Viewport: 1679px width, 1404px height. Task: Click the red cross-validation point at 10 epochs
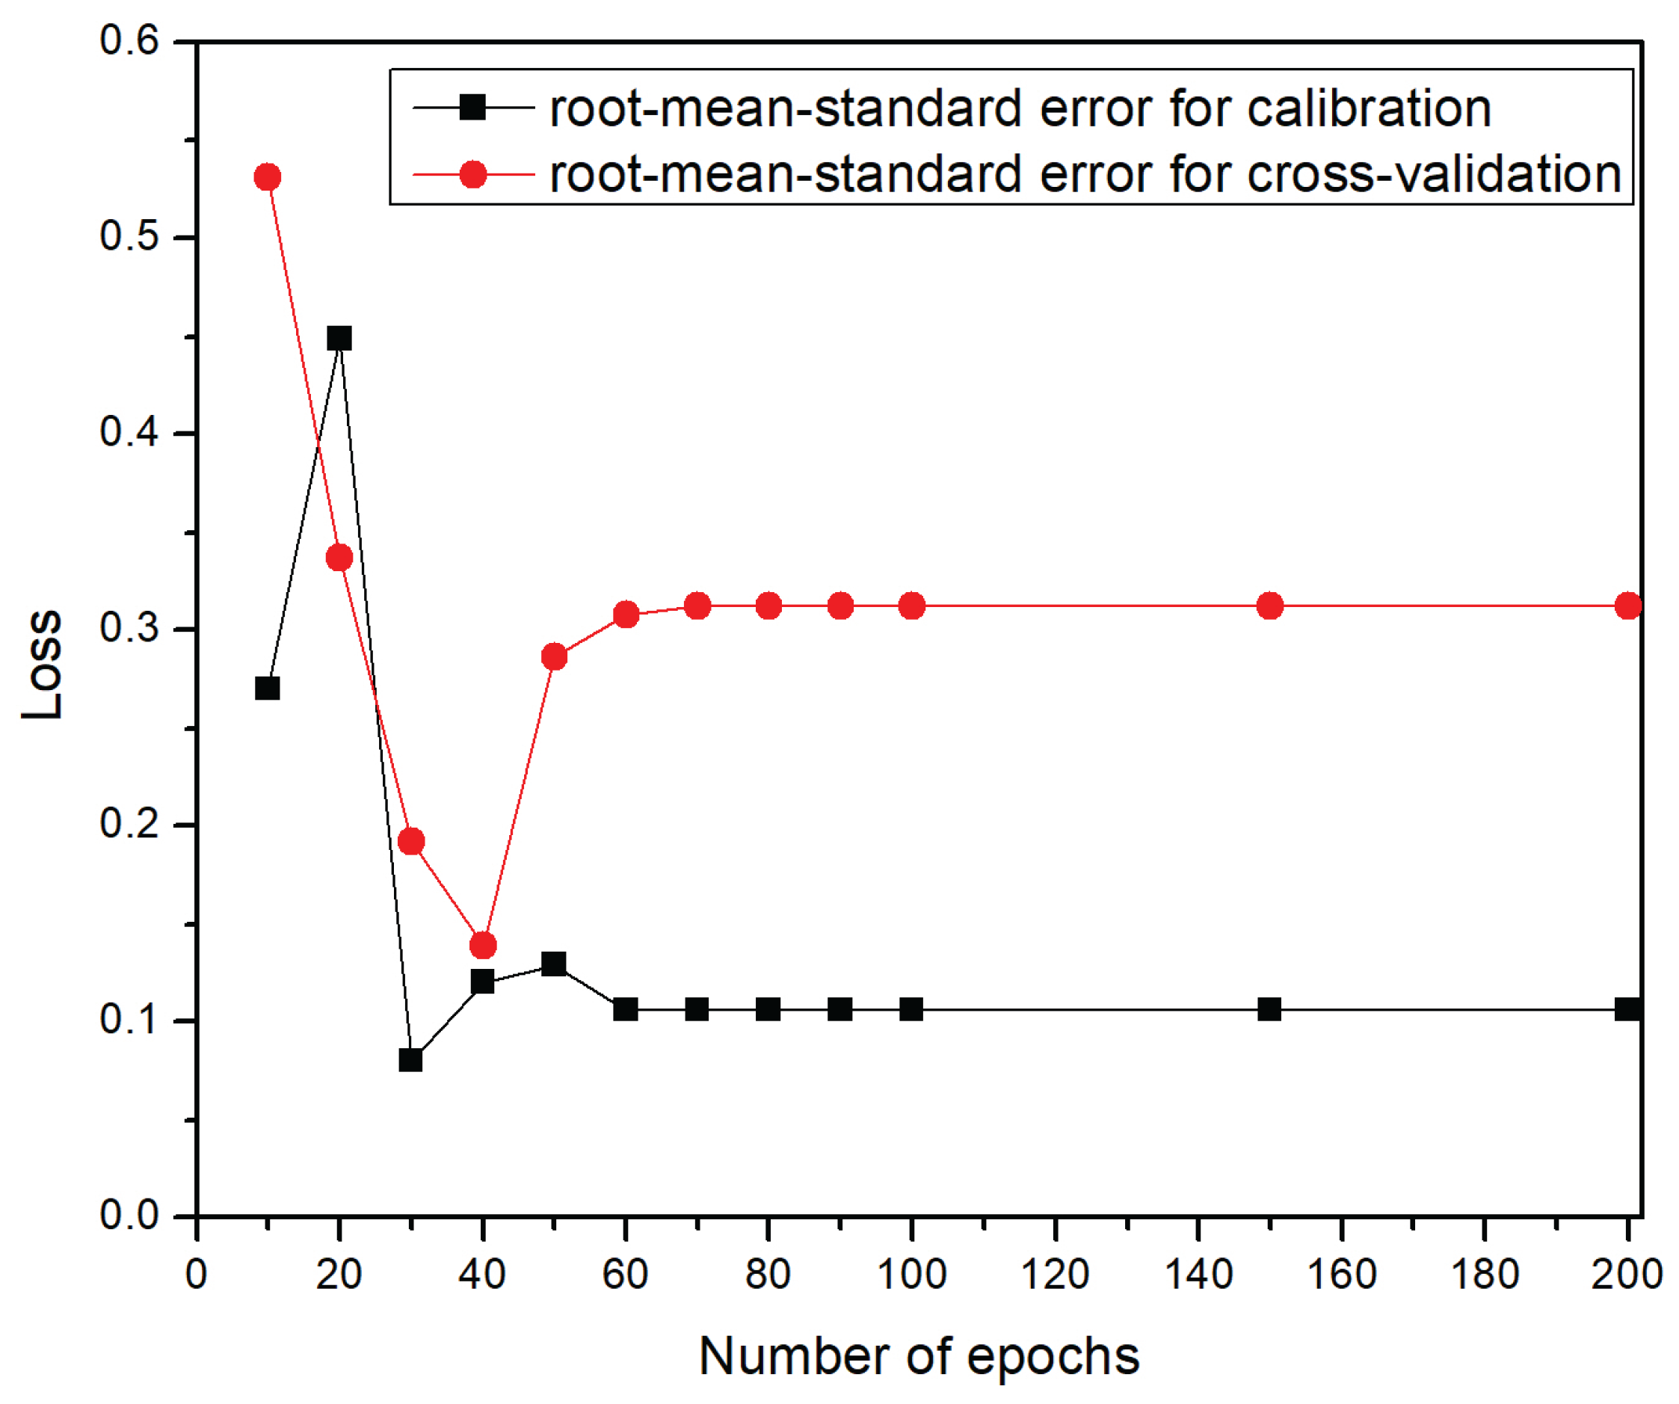pyautogui.click(x=267, y=176)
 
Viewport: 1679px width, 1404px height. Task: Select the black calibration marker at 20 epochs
pyautogui.click(x=339, y=337)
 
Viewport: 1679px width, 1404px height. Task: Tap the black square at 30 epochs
pyautogui.click(x=410, y=1060)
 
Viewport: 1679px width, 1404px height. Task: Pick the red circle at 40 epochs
pyautogui.click(x=483, y=946)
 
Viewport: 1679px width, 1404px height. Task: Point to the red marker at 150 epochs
pyautogui.click(x=1269, y=606)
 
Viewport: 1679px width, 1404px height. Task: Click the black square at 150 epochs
pyautogui.click(x=1269, y=1009)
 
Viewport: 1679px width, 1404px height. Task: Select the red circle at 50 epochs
pyautogui.click(x=554, y=657)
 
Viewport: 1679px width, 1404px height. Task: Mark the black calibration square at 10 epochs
pyautogui.click(x=267, y=688)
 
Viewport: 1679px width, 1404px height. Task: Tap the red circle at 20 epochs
pyautogui.click(x=339, y=557)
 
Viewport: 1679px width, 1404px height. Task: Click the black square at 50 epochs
pyautogui.click(x=554, y=964)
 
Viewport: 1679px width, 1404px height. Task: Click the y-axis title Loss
pyautogui.click(x=42, y=665)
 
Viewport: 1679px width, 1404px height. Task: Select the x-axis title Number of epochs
pyautogui.click(x=919, y=1357)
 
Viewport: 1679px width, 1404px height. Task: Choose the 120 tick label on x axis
pyautogui.click(x=1055, y=1275)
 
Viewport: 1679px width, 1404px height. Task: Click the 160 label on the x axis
pyautogui.click(x=1341, y=1275)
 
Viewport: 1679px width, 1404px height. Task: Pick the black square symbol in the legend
pyautogui.click(x=473, y=107)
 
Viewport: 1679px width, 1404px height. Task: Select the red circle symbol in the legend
pyautogui.click(x=473, y=173)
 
